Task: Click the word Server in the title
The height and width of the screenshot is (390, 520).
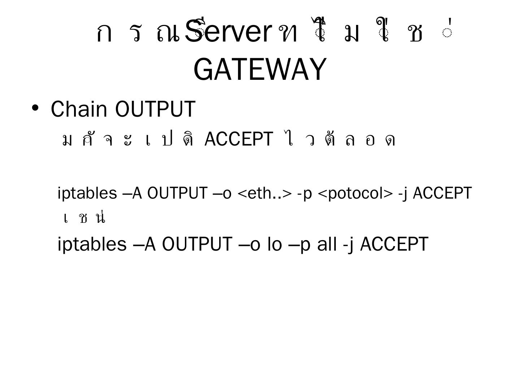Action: point(227,31)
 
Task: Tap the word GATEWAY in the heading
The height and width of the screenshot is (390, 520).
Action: point(260,69)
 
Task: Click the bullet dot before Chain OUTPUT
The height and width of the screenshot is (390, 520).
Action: point(35,108)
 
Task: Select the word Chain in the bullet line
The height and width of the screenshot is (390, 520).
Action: point(79,109)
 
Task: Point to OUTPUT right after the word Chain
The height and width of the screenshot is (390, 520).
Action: point(155,109)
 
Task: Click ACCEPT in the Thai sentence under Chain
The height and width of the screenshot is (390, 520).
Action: point(238,139)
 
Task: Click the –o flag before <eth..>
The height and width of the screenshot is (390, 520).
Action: point(222,193)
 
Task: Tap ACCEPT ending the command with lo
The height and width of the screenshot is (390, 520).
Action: point(394,244)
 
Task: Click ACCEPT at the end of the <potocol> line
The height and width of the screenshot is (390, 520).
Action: point(442,193)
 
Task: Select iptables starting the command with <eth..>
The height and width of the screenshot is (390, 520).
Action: point(87,193)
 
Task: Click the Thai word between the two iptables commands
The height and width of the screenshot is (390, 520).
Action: point(84,218)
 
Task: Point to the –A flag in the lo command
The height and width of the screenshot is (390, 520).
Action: point(144,244)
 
